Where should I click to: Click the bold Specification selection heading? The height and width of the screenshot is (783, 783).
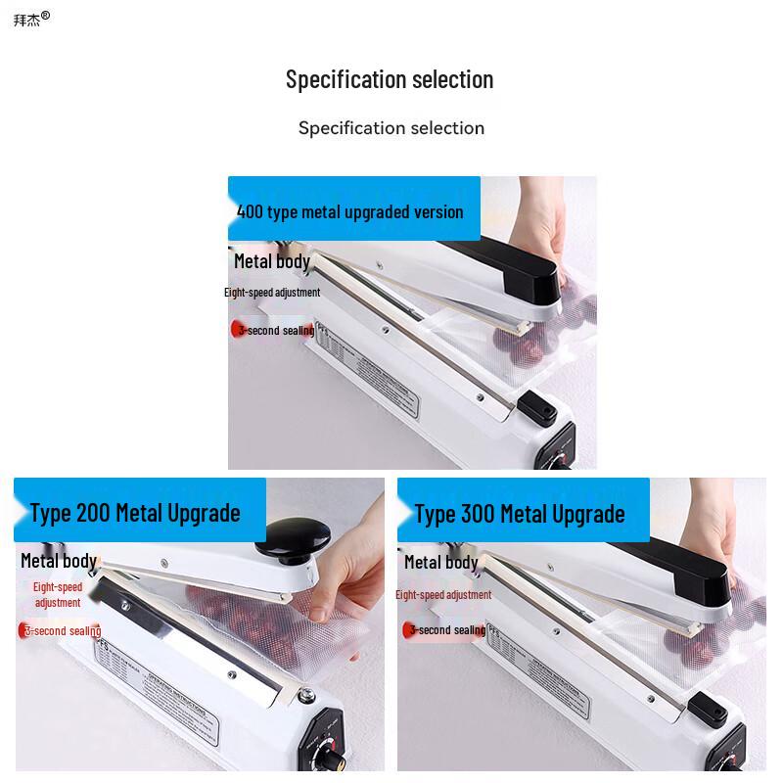click(390, 79)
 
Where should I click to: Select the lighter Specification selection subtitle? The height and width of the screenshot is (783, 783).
click(391, 128)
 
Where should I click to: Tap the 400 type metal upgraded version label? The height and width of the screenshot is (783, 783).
click(349, 211)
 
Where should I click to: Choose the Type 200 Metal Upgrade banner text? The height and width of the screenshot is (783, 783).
click(135, 512)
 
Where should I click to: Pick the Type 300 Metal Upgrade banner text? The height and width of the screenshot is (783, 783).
click(519, 513)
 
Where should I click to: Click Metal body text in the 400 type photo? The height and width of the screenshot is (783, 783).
click(271, 260)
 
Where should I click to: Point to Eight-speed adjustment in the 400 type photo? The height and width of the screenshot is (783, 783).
click(271, 293)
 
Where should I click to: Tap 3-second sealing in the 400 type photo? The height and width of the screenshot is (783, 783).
click(275, 331)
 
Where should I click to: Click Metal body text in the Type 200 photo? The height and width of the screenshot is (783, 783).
click(59, 561)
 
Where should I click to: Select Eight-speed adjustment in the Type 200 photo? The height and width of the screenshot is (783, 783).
click(58, 595)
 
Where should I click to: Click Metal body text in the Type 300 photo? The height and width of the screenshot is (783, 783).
click(440, 562)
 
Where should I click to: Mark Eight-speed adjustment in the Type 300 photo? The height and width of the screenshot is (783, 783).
click(443, 595)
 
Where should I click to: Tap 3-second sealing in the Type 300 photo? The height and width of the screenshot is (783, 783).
click(446, 630)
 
